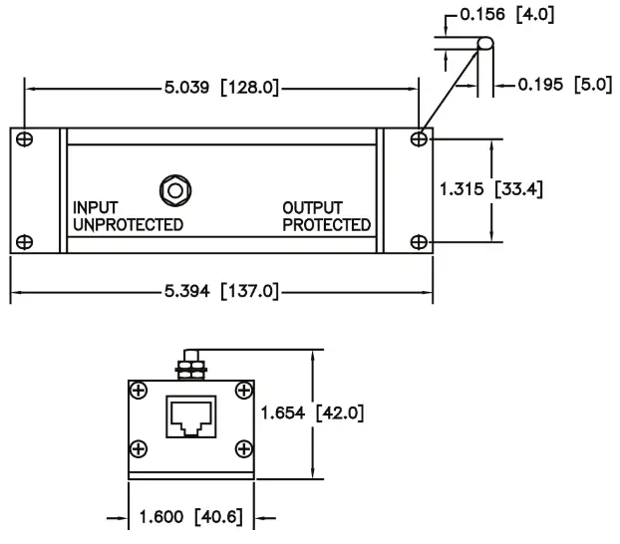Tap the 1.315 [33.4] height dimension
(x=490, y=188)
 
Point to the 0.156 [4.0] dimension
(x=503, y=15)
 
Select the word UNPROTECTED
(x=128, y=224)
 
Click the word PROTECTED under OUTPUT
(x=326, y=224)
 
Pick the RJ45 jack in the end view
(x=192, y=415)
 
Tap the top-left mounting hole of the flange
(x=25, y=137)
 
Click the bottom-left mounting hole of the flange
(x=25, y=241)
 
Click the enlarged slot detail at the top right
(x=484, y=44)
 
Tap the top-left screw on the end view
(x=141, y=390)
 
